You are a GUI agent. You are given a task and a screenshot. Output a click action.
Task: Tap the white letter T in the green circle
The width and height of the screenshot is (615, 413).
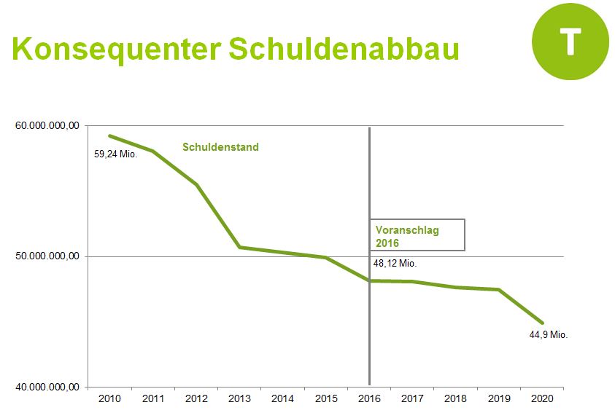[570, 42]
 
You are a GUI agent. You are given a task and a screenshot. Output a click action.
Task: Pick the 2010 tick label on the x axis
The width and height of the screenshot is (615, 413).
[109, 398]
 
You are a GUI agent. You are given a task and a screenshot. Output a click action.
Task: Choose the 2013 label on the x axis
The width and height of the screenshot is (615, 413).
[239, 398]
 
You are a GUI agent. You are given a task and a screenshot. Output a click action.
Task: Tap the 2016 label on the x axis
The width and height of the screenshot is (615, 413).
[369, 398]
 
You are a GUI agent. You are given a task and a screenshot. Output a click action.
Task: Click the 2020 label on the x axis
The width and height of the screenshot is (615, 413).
[542, 398]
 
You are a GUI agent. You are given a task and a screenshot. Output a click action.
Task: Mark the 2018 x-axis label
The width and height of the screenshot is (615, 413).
[456, 398]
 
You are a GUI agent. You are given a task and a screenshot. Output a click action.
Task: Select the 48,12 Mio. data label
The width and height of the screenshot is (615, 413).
[395, 264]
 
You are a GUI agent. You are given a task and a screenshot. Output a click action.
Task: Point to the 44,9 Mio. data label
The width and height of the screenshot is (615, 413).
[549, 334]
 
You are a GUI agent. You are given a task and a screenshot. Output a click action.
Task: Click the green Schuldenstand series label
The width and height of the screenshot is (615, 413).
[220, 147]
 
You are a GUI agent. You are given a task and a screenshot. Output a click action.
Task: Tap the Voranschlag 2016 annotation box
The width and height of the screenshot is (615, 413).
[417, 235]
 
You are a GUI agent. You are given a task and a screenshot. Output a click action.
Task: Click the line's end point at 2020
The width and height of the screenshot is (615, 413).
[542, 323]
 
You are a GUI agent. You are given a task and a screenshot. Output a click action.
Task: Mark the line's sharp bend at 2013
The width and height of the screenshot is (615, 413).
[239, 248]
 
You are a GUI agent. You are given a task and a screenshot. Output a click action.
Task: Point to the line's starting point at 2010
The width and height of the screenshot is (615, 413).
[109, 135]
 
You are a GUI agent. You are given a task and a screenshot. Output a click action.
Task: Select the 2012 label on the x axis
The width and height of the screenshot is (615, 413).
[196, 398]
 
